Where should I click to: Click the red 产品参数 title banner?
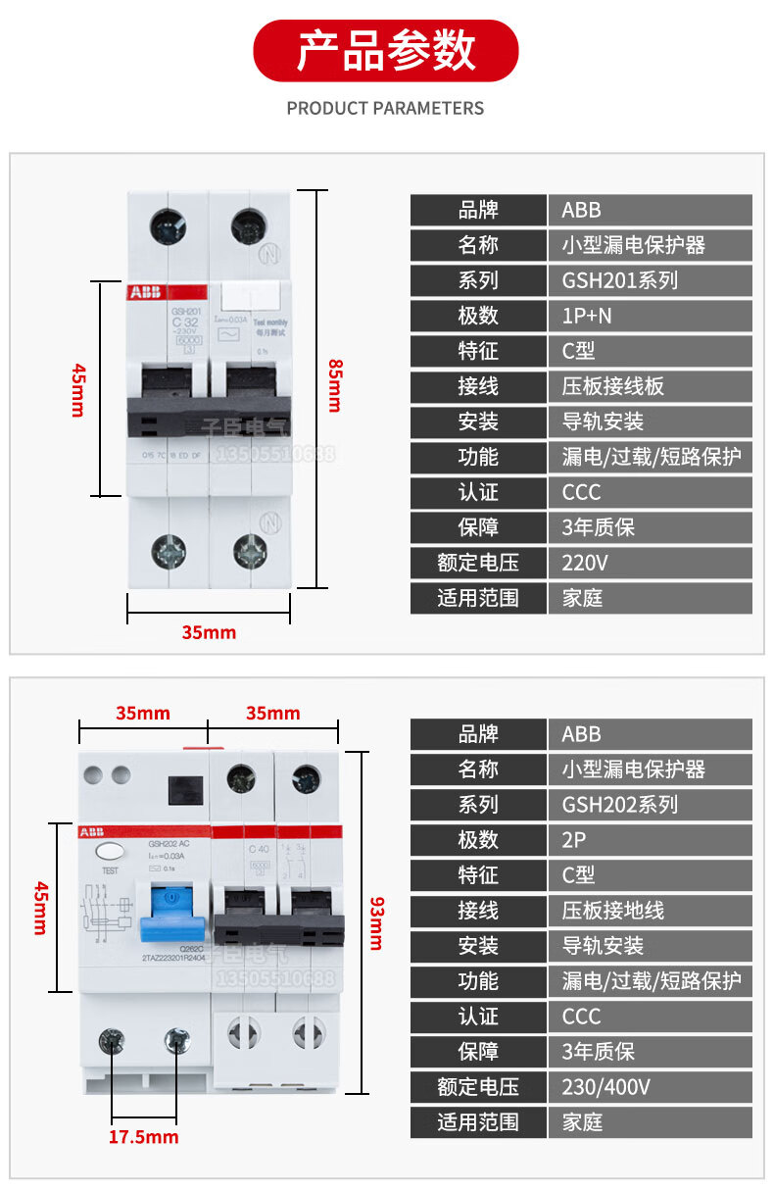point(386,51)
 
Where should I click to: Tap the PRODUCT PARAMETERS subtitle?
point(385,108)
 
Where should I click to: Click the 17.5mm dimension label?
point(143,1137)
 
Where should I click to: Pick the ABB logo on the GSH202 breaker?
point(93,832)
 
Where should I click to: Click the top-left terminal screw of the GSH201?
point(167,227)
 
